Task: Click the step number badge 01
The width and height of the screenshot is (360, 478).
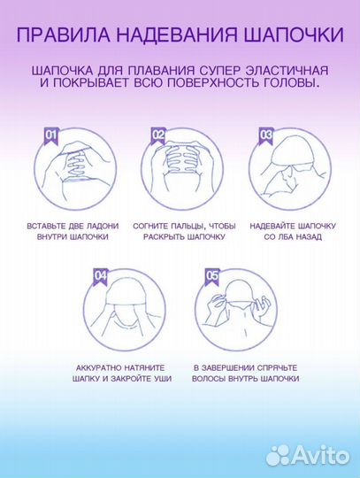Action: [x=50, y=135]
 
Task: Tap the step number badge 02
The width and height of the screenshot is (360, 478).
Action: [x=158, y=135]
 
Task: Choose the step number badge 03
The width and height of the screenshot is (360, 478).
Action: [x=265, y=135]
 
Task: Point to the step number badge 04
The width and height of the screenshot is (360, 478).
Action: [x=103, y=275]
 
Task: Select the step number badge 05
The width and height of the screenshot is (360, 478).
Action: [x=212, y=275]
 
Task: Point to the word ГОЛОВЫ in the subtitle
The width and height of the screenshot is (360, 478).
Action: [x=291, y=83]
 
